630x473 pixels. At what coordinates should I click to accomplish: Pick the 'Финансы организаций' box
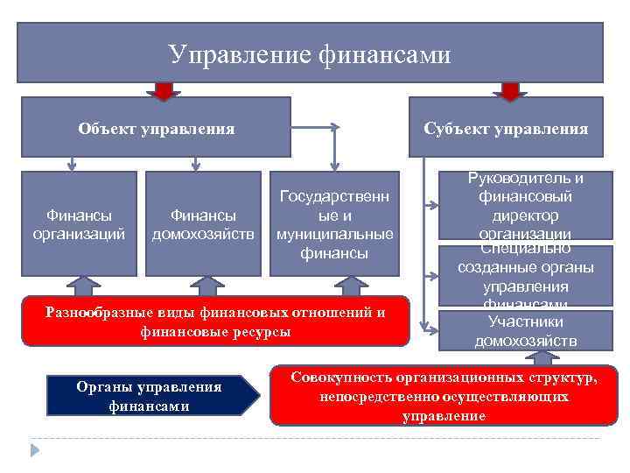pyautogui.click(x=79, y=223)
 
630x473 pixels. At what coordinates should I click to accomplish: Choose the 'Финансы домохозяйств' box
pyautogui.click(x=203, y=223)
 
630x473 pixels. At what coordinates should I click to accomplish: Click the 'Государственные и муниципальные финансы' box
pyautogui.click(x=334, y=223)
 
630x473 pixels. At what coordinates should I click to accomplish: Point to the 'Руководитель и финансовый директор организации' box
pyautogui.click(x=525, y=207)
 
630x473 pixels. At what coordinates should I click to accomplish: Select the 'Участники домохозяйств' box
pyautogui.click(x=525, y=331)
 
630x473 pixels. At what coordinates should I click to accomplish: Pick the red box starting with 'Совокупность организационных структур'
pyautogui.click(x=444, y=396)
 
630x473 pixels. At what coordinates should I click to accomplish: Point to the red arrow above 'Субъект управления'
pyautogui.click(x=510, y=90)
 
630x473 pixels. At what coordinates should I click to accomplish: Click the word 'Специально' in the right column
pyautogui.click(x=525, y=249)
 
